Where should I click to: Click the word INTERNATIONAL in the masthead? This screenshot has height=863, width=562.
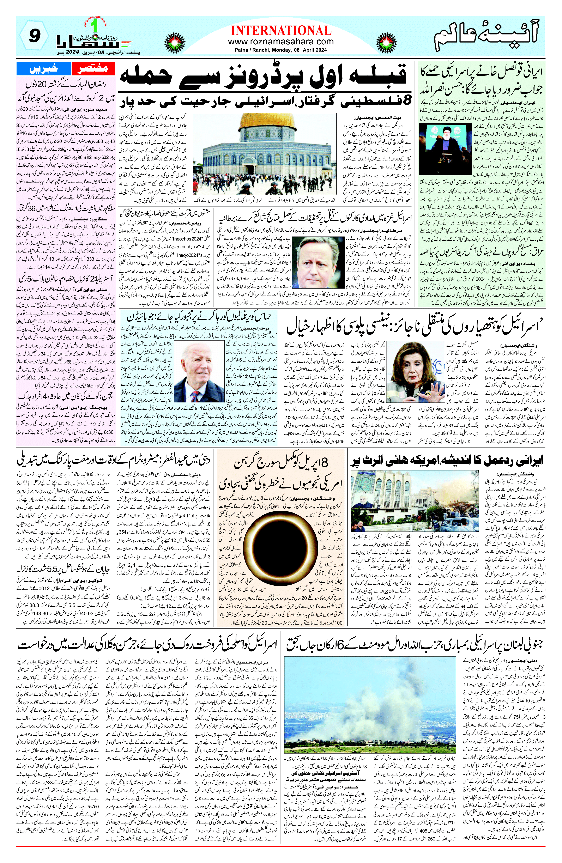[x=281, y=30]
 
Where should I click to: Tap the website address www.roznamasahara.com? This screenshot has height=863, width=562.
[x=281, y=42]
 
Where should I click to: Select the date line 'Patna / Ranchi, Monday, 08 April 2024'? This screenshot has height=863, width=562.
[x=281, y=50]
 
